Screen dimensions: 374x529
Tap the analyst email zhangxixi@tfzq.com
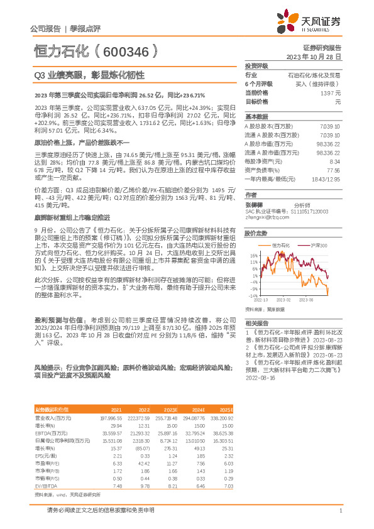264,217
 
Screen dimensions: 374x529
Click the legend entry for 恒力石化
281,244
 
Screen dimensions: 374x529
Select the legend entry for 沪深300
318,244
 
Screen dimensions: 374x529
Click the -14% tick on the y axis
253,295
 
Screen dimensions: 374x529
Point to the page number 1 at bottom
339,511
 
